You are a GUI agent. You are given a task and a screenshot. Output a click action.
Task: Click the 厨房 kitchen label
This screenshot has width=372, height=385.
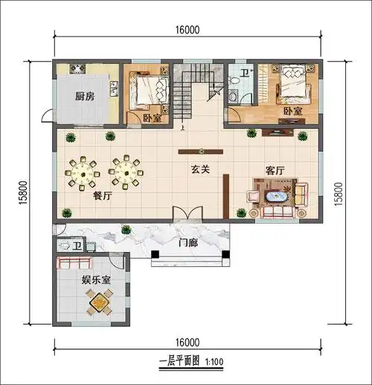(x=85, y=96)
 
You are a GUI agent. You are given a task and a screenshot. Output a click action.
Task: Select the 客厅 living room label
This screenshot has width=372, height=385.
(x=276, y=170)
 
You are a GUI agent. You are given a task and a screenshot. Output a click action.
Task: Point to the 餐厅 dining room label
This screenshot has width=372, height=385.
(x=102, y=196)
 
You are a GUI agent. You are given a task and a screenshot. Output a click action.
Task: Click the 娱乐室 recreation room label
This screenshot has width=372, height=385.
(x=96, y=280)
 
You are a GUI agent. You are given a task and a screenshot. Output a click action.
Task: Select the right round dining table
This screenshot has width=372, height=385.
(x=125, y=171)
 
